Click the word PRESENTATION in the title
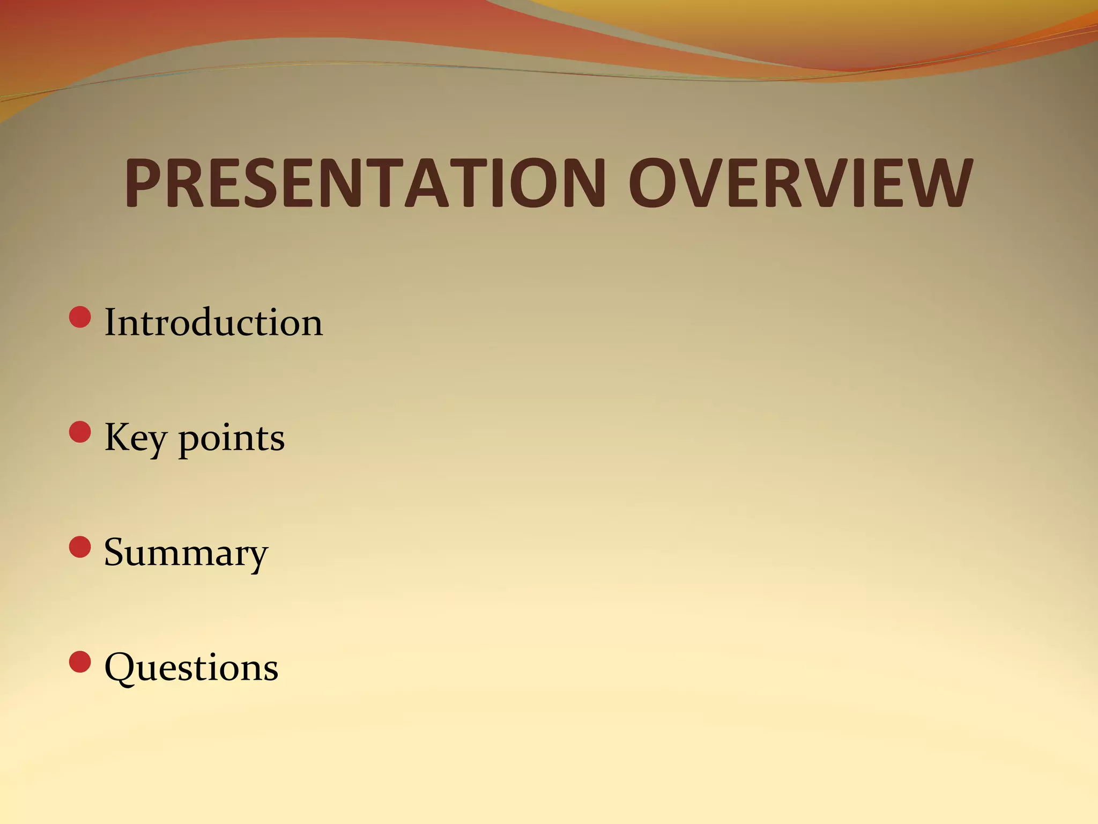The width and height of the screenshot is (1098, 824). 365,183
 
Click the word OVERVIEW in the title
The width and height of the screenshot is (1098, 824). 800,183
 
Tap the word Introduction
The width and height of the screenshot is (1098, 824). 213,322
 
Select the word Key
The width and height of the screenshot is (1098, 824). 135,438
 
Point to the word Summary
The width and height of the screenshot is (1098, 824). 186,553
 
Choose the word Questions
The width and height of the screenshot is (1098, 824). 191,668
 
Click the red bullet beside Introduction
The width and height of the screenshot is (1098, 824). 80,317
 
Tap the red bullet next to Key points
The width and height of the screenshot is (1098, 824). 80,432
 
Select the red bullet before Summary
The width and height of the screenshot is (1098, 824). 80,547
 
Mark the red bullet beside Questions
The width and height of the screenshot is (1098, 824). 80,661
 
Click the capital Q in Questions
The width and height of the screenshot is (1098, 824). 120,668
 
